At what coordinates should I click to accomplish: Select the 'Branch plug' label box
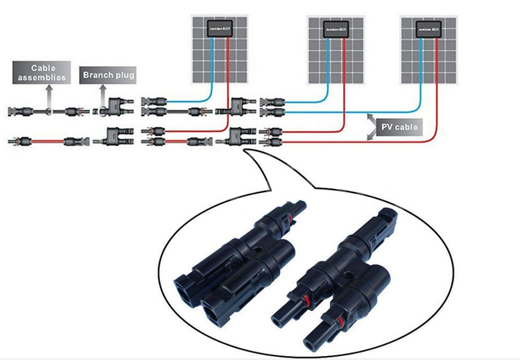tap(108, 75)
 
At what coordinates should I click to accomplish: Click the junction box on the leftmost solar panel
tap(220, 30)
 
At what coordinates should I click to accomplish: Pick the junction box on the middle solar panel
tap(336, 30)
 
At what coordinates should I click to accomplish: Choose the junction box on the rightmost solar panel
tap(428, 30)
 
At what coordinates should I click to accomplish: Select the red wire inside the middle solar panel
tap(344, 66)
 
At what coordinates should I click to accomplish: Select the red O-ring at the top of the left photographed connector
tap(290, 217)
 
